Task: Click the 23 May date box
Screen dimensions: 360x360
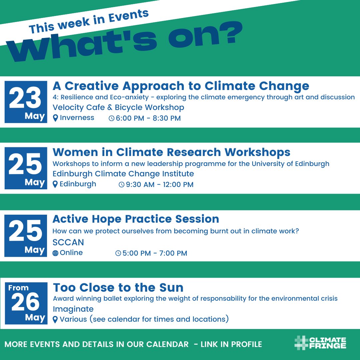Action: click(x=26, y=102)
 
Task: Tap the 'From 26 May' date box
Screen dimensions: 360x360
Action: click(x=26, y=303)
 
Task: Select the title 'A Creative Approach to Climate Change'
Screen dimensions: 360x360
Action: click(x=181, y=86)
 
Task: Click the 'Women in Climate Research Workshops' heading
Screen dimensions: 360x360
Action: click(x=171, y=152)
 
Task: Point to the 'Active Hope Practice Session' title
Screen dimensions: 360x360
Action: click(x=136, y=219)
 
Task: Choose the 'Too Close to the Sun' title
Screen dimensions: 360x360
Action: click(x=118, y=287)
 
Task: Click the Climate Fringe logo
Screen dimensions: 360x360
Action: click(x=320, y=343)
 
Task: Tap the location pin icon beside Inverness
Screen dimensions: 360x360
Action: click(x=56, y=118)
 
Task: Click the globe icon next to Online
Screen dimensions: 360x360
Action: click(x=56, y=253)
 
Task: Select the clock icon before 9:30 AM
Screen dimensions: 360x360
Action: click(x=122, y=185)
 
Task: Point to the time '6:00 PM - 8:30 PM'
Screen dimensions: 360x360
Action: click(x=148, y=118)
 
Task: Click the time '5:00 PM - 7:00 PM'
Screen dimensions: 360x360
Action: click(x=155, y=253)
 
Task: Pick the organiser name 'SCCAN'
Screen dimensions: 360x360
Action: click(x=68, y=242)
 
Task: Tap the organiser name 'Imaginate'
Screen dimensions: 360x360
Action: click(x=73, y=309)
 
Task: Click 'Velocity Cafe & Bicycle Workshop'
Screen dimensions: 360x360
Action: click(x=118, y=108)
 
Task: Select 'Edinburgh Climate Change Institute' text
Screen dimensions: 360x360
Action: click(x=123, y=174)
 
